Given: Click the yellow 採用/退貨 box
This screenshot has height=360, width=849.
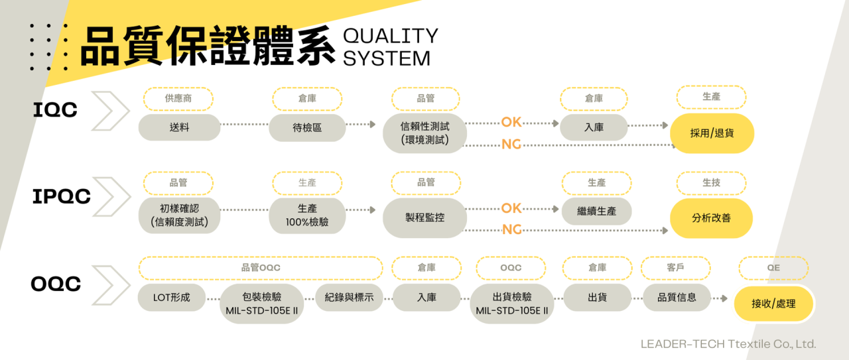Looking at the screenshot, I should (712, 133).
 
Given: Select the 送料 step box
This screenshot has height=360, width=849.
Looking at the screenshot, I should (179, 127).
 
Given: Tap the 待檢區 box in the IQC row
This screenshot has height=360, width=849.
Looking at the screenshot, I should (307, 127).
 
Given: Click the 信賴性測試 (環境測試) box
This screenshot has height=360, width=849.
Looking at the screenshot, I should (424, 133).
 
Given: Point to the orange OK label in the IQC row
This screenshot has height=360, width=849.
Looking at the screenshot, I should (511, 122).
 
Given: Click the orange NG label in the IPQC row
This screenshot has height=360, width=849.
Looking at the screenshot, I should (511, 229).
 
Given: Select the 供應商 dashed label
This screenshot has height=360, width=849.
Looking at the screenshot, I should (178, 98).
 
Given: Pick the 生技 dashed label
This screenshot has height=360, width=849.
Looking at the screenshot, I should (711, 182).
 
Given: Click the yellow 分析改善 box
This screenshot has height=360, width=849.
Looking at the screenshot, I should (711, 217).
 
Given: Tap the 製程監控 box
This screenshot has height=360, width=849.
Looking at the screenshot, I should (424, 217).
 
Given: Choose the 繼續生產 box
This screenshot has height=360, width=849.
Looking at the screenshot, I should (597, 211).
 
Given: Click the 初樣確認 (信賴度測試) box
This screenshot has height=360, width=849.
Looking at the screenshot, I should (179, 215).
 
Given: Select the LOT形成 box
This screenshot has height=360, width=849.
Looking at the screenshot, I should (171, 298).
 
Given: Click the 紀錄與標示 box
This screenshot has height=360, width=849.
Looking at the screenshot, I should (349, 298).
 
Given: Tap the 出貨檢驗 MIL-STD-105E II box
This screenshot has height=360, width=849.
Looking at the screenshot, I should (511, 304).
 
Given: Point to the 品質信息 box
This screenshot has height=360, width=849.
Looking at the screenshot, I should (677, 298).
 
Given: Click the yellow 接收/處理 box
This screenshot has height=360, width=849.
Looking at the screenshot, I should (773, 304).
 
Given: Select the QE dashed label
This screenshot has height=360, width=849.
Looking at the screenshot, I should (773, 268).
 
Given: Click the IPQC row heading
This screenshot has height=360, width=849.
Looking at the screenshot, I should (61, 197).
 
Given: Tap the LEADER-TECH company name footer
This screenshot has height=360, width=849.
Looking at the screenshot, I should (728, 344).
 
